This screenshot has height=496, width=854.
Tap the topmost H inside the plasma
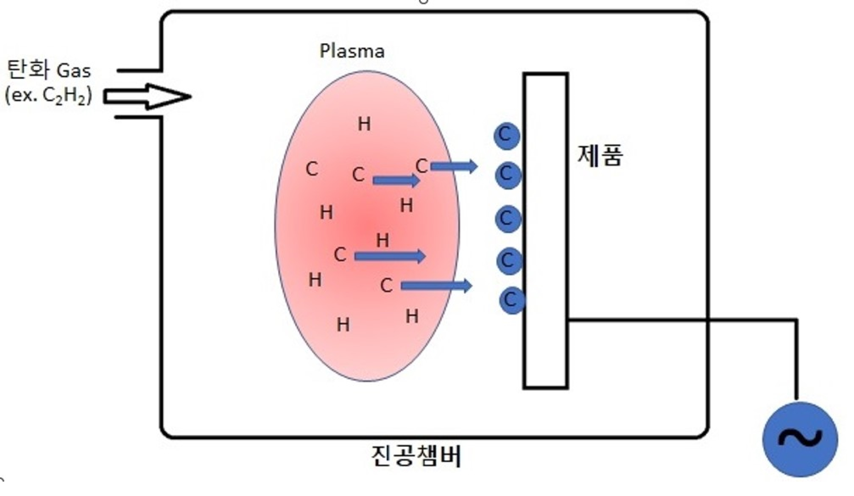(x=364, y=124)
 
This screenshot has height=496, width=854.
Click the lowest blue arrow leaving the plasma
(x=437, y=286)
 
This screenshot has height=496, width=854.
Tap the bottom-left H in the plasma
(x=315, y=280)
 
